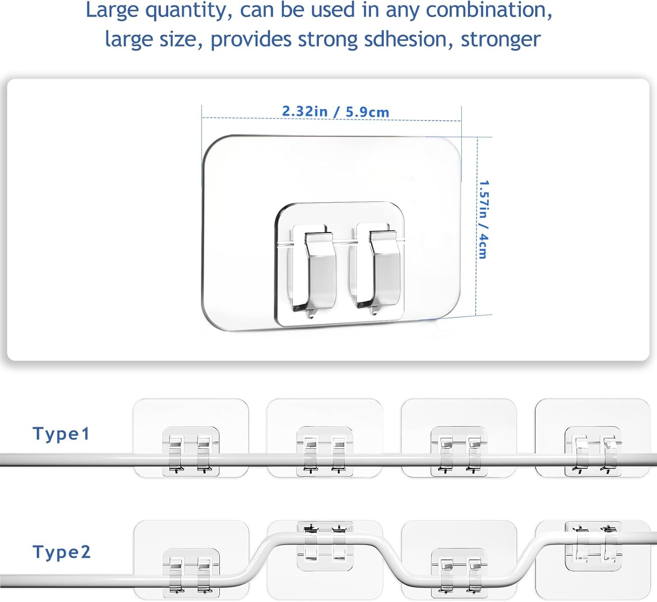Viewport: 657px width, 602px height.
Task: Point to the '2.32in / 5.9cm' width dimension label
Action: pos(336,112)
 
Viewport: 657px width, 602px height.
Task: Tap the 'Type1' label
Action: pos(61,434)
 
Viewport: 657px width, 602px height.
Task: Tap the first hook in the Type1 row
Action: pos(191,438)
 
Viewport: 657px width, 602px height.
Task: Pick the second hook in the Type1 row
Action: pos(325,438)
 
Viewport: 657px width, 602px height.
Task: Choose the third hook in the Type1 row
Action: pos(459,438)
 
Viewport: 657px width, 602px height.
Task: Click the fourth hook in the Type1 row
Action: pos(593,438)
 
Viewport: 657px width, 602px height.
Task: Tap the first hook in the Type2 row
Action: pos(191,560)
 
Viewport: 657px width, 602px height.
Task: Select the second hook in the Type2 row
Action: pos(325,560)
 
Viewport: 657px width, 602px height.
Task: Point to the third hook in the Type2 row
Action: pos(459,560)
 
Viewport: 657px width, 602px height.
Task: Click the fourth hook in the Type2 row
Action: pos(593,560)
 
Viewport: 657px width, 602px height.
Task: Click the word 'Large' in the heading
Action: pos(112,11)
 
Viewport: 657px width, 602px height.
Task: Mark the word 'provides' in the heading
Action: pos(251,40)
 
